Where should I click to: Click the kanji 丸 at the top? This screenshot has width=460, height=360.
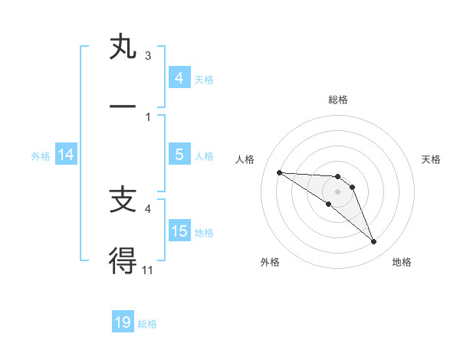(122, 47)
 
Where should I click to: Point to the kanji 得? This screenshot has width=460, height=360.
(122, 260)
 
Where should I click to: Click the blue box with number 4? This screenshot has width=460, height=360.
(179, 78)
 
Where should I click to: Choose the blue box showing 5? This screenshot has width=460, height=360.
(179, 155)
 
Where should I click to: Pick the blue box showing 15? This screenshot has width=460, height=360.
(179, 231)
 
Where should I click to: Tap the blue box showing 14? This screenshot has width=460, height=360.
(66, 155)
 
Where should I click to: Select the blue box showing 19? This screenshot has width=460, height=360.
(123, 322)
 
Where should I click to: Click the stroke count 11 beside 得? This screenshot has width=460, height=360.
(147, 269)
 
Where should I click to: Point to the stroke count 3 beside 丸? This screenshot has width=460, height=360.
(147, 55)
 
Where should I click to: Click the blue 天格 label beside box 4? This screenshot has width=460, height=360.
(204, 79)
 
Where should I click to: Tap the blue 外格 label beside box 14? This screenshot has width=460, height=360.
(41, 155)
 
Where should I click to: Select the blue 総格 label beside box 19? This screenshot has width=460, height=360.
(147, 323)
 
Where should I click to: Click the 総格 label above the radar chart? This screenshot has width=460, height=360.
(337, 100)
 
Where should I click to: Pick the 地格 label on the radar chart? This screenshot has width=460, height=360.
(402, 262)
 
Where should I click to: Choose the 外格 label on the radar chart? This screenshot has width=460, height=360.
(270, 262)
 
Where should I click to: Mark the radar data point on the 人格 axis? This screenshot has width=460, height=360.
(279, 172)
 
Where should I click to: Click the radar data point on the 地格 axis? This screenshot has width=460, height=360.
(373, 242)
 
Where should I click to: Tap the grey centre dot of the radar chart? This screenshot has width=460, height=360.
(337, 191)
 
